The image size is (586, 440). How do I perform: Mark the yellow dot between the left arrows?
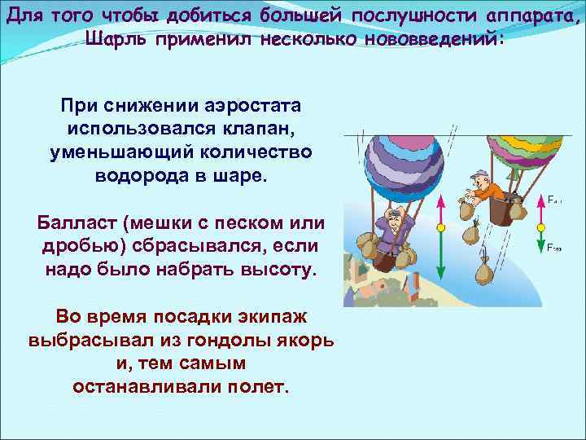click(439, 228)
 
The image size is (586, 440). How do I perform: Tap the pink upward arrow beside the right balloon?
click(540, 209)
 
